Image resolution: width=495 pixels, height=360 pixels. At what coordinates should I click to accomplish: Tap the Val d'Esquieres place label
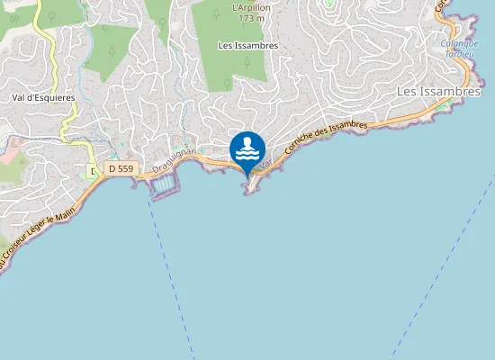(x=43, y=97)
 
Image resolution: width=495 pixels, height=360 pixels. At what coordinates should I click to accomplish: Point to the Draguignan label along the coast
(x=175, y=162)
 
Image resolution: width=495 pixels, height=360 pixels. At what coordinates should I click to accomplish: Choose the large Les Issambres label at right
(x=440, y=92)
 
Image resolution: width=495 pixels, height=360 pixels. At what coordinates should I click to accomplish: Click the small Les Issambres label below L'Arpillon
(x=247, y=45)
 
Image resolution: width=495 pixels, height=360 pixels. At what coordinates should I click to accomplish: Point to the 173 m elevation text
(x=251, y=17)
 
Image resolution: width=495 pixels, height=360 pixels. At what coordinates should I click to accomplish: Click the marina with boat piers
(x=165, y=186)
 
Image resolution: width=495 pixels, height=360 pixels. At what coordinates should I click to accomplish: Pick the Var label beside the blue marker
(x=265, y=166)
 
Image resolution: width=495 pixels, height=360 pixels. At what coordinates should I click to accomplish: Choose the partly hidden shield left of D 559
(x=92, y=170)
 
